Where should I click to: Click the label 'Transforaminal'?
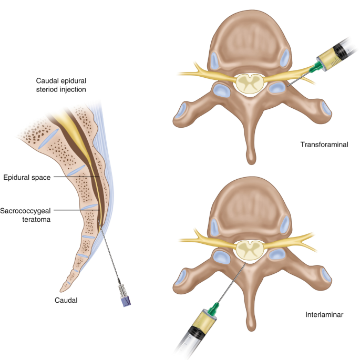[322, 144]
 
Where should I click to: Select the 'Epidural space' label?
[27, 178]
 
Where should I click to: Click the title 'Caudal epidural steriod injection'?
[61, 85]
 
